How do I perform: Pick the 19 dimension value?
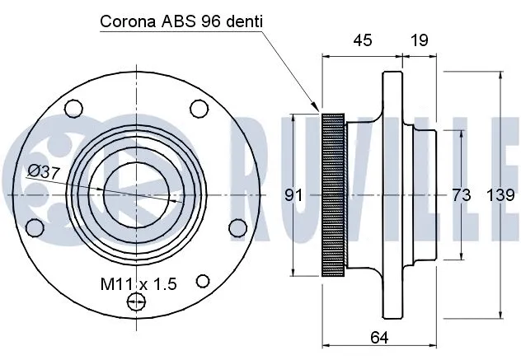point(419,40)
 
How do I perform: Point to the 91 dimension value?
point(293,195)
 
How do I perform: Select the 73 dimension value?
point(461,195)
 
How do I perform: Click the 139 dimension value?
point(501,195)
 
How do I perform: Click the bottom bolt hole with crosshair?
point(135,304)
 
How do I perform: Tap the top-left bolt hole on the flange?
point(73,108)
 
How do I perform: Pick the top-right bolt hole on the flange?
point(198,108)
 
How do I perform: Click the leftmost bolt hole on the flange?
point(35,227)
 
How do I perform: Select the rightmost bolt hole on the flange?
point(237,227)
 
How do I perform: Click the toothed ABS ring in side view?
point(333,194)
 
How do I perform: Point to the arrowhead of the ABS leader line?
point(318,109)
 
